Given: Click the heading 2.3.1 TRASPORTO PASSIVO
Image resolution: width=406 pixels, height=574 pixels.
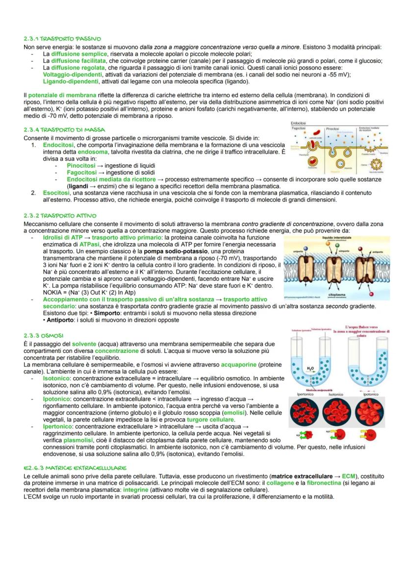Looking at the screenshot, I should click(62, 38).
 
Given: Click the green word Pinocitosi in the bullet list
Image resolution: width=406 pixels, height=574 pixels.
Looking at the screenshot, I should click(81, 166).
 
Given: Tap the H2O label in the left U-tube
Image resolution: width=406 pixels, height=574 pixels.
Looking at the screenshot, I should click(310, 368).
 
